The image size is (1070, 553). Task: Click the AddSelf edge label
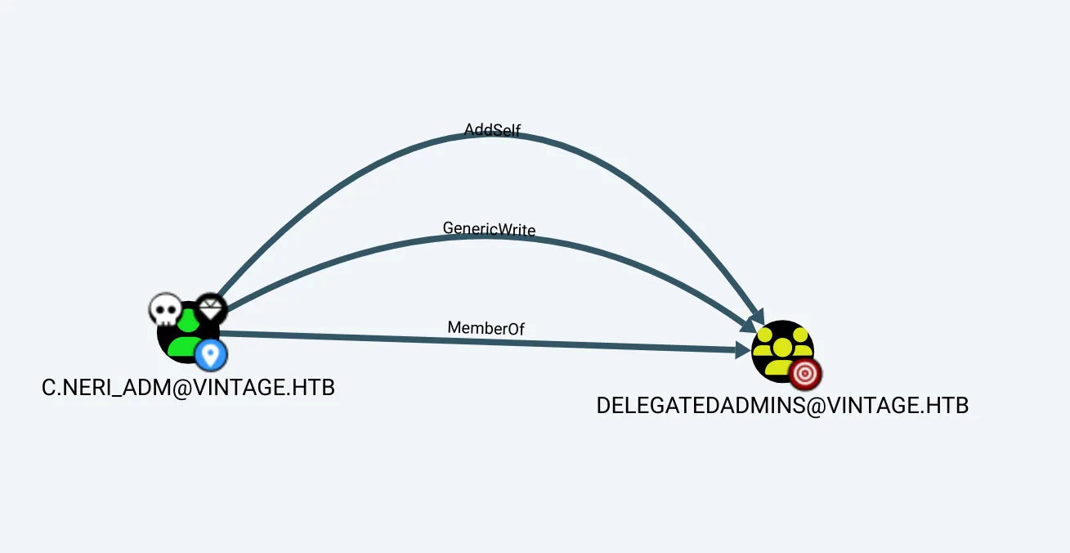(492, 129)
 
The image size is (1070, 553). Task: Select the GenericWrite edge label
(489, 229)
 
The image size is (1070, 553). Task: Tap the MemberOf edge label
(486, 328)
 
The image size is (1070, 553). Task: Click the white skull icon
(165, 309)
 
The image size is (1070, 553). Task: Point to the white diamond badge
(211, 309)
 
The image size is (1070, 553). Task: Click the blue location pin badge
(211, 355)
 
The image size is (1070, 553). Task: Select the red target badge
(805, 373)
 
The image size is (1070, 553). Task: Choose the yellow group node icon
(782, 351)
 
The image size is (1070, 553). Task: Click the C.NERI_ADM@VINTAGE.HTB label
(188, 387)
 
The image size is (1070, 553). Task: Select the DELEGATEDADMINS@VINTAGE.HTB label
(782, 405)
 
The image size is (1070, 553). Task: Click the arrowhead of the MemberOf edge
(743, 350)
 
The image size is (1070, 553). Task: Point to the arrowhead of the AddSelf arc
(758, 317)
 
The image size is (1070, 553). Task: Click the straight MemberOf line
(477, 341)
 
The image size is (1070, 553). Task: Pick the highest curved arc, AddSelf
(497, 134)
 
